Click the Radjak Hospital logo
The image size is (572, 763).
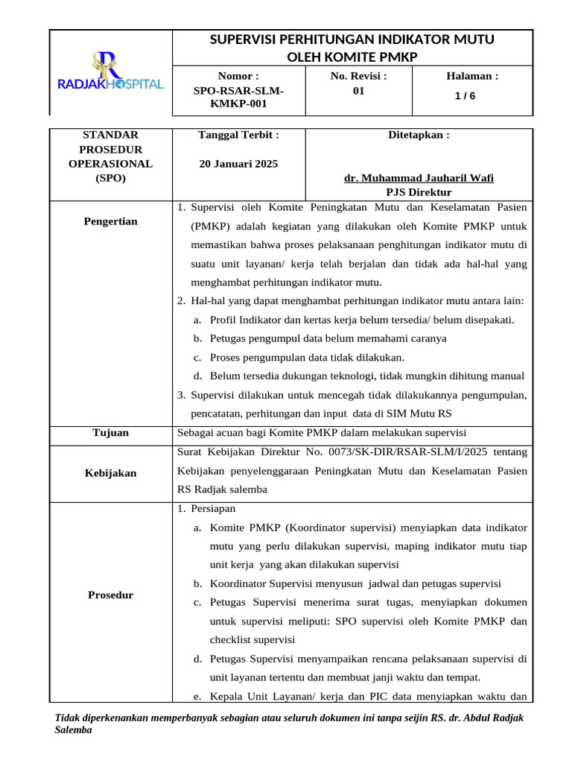point(110,72)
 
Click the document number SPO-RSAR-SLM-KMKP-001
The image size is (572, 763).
point(238,97)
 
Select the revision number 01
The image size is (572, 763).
point(359,90)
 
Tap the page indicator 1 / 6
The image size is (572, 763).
point(467,95)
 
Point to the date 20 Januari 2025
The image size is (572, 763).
point(238,163)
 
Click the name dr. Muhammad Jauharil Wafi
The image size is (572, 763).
point(419,178)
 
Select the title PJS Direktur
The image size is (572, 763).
point(419,192)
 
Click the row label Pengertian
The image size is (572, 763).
point(110,221)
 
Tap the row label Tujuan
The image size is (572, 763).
point(110,432)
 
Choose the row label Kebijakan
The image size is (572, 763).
point(110,473)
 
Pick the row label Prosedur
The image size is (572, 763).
point(110,595)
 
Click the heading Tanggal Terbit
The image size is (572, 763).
point(238,135)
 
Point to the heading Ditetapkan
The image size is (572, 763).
point(419,135)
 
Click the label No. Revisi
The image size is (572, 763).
point(359,76)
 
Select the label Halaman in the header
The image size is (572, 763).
point(471,76)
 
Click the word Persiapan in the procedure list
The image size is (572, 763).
point(212,508)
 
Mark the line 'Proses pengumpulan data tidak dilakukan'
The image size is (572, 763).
point(307,357)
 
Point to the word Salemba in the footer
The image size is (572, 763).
point(74,730)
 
